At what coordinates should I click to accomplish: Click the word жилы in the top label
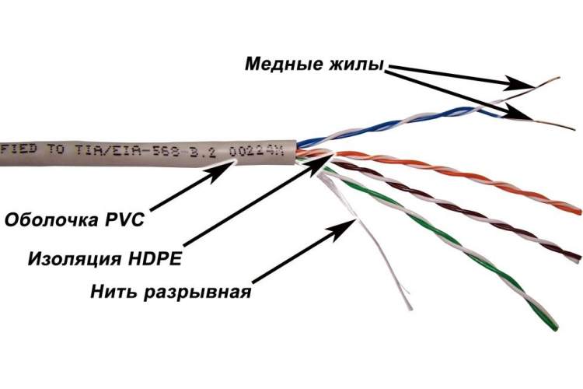(356, 64)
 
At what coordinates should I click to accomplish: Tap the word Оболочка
(51, 219)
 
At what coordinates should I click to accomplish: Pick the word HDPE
(155, 258)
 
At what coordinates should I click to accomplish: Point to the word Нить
(113, 291)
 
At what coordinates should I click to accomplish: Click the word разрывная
(197, 293)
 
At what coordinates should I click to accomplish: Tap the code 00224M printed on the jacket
(257, 152)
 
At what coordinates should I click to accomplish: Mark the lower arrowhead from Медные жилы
(518, 113)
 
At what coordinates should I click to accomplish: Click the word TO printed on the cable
(56, 149)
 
